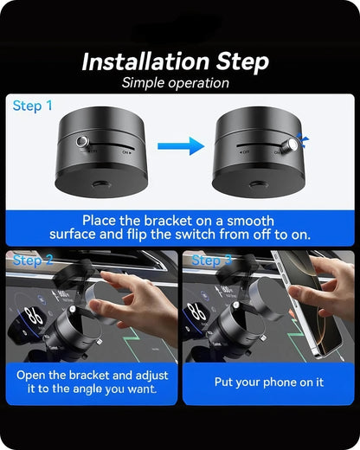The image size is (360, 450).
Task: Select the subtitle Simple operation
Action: pyautogui.click(x=176, y=83)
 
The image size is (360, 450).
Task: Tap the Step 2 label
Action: pyautogui.click(x=33, y=260)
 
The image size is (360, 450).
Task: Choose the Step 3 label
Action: pyautogui.click(x=210, y=260)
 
